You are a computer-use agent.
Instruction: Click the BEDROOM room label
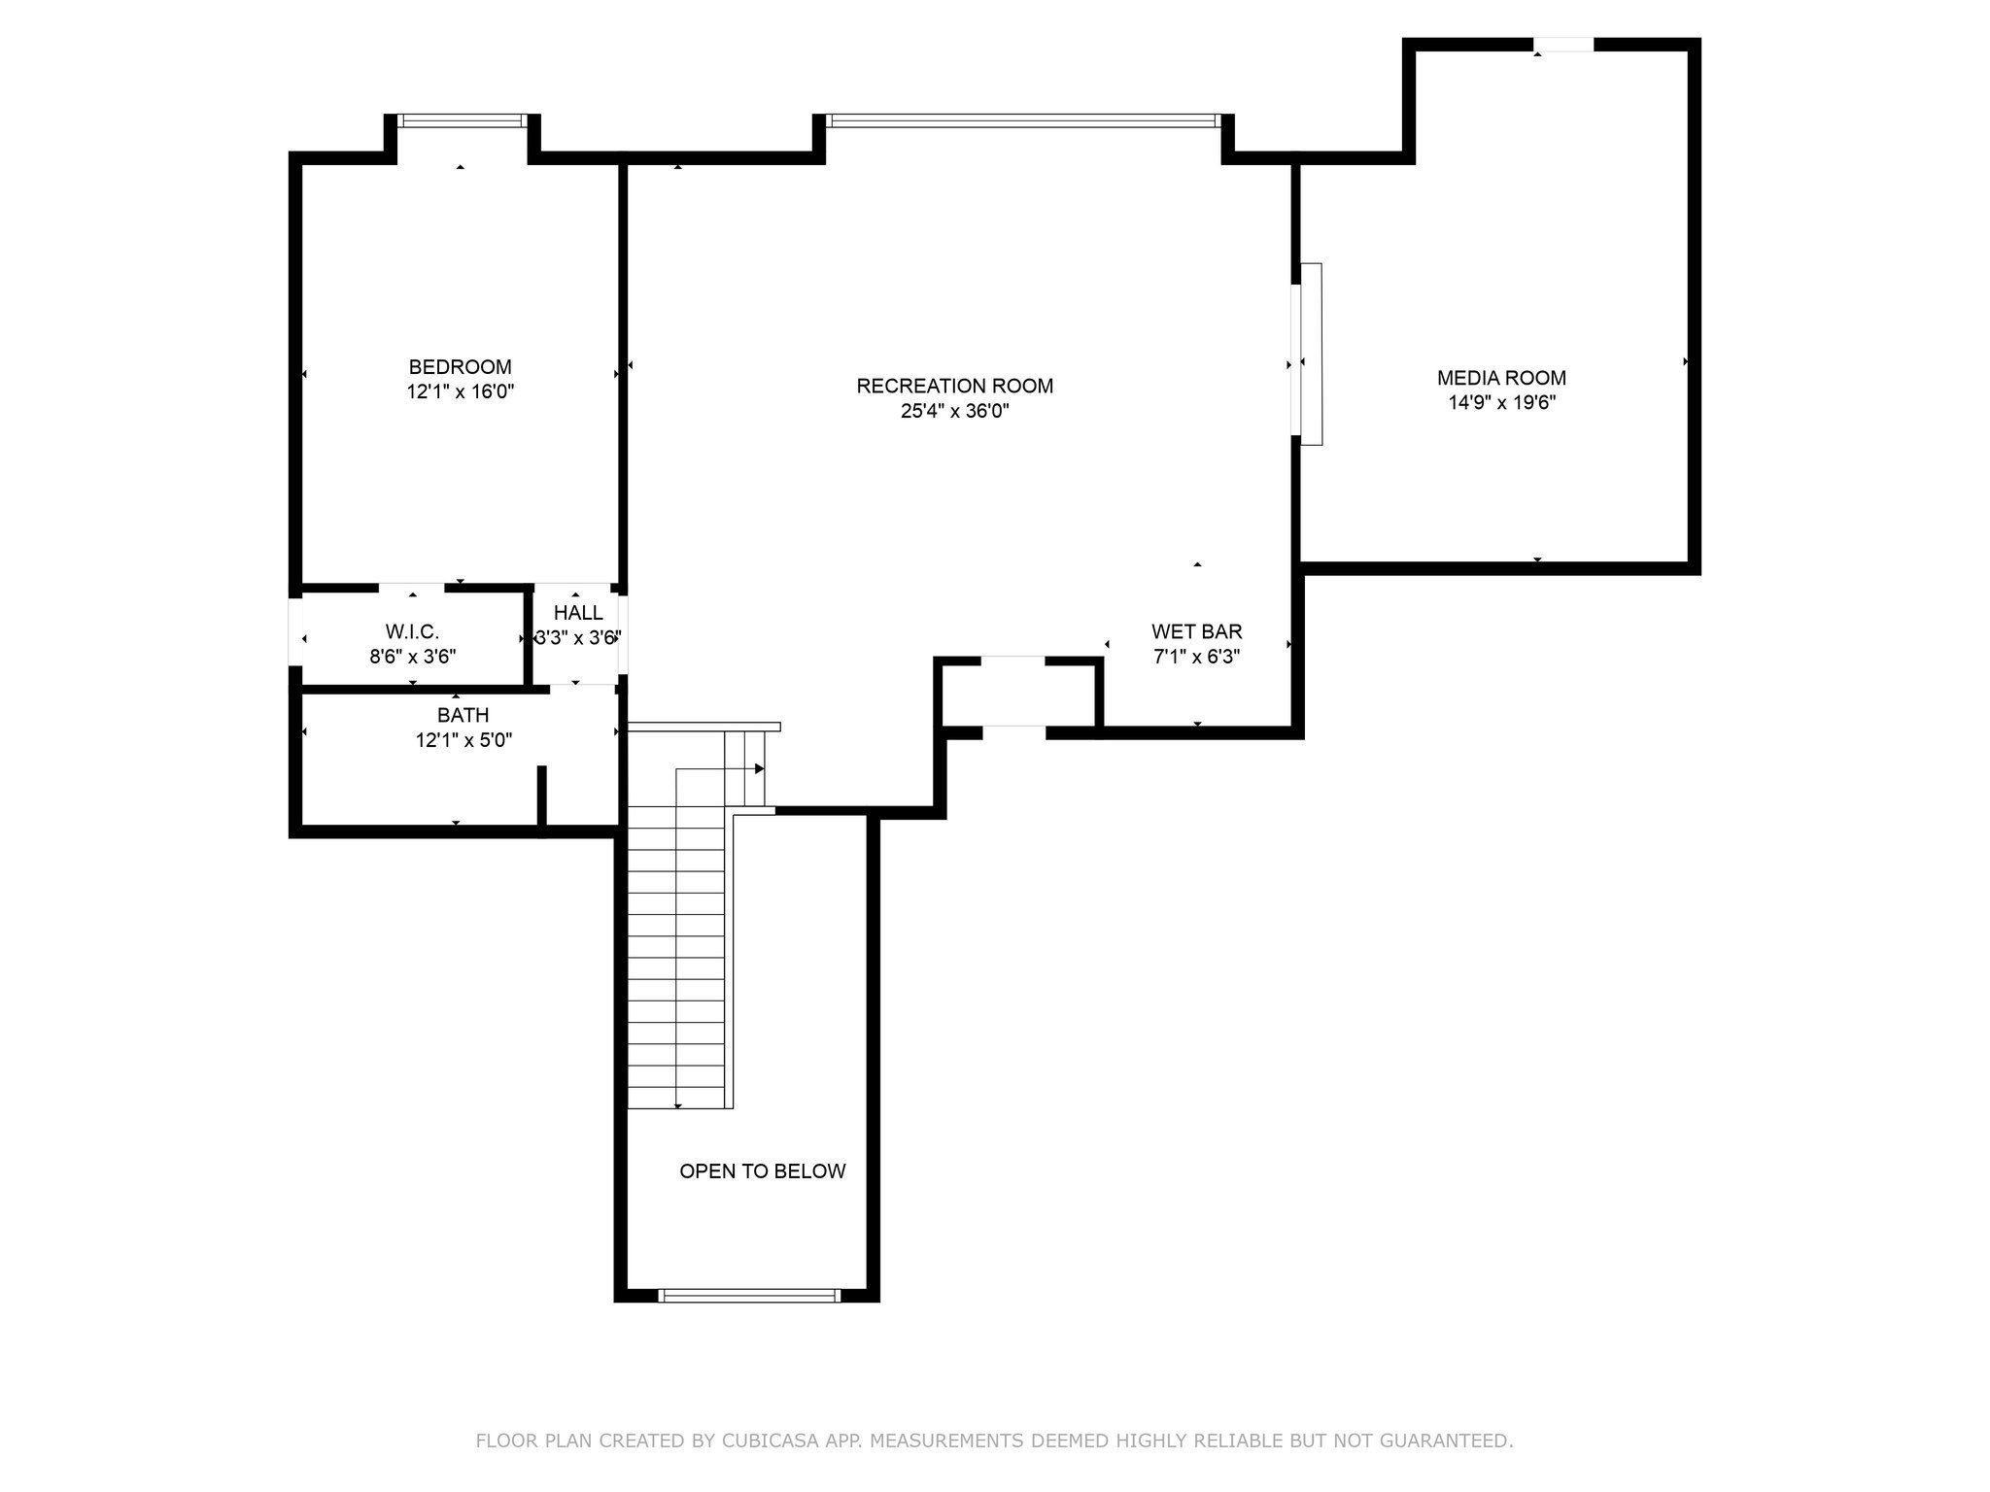[x=460, y=367]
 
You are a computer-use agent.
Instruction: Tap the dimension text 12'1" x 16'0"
[x=460, y=392]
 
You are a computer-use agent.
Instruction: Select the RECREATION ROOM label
[x=954, y=386]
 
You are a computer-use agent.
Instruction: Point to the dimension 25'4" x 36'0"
[x=954, y=411]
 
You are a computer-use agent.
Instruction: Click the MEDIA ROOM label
[x=1501, y=378]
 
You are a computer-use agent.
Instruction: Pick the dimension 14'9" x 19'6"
[x=1501, y=403]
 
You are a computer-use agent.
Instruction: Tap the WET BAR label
[x=1196, y=631]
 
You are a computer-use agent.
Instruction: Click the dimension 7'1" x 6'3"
[x=1196, y=657]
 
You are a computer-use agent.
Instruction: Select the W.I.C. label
[x=412, y=631]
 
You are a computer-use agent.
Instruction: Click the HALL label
[x=578, y=613]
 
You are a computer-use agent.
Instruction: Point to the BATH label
[x=463, y=715]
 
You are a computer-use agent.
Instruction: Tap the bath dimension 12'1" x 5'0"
[x=463, y=740]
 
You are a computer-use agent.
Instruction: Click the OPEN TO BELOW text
[x=762, y=1171]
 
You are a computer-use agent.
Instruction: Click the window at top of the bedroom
[x=462, y=120]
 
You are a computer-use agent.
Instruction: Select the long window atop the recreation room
[x=1021, y=120]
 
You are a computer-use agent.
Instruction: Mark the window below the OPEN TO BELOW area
[x=748, y=1295]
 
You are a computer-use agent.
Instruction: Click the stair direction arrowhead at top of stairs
[x=760, y=769]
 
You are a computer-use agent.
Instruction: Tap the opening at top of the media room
[x=1562, y=45]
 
